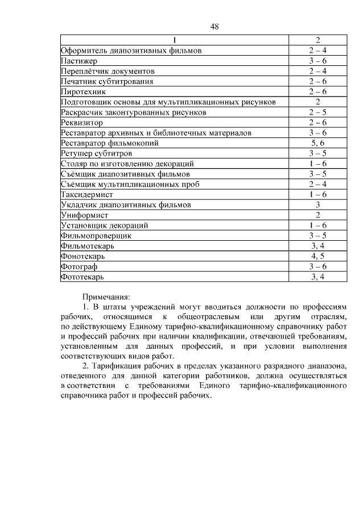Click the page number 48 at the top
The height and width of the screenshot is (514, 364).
click(x=215, y=27)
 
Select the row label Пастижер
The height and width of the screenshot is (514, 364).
click(x=79, y=61)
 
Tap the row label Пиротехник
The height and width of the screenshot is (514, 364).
click(x=83, y=91)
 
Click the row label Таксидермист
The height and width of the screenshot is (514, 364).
click(x=87, y=194)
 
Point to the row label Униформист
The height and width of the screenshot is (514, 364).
click(x=84, y=215)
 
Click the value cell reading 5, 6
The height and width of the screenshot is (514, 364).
click(x=317, y=143)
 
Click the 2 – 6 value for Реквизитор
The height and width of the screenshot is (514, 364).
click(x=317, y=123)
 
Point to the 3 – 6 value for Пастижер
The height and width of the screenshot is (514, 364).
click(x=317, y=61)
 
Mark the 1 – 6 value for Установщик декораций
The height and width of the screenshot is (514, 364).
click(x=317, y=225)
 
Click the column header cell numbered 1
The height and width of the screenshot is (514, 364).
click(x=175, y=40)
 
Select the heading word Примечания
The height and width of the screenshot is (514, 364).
click(x=106, y=296)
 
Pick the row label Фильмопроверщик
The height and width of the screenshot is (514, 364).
click(x=96, y=236)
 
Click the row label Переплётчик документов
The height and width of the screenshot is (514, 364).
click(x=107, y=71)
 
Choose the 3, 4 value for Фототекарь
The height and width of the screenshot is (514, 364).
click(x=317, y=277)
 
